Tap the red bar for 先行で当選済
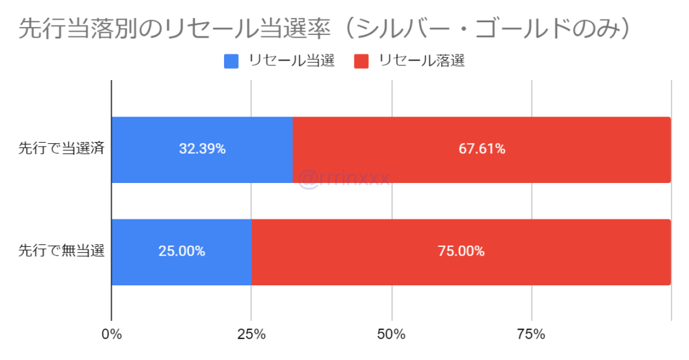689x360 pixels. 482,168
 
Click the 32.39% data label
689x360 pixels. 202,149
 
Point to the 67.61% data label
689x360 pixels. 482,149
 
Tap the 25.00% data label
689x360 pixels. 182,252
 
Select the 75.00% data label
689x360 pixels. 462,252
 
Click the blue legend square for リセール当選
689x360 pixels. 231,61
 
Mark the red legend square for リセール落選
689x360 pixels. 361,61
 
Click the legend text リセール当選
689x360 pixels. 291,61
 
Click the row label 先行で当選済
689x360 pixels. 61,149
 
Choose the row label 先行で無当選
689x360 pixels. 61,252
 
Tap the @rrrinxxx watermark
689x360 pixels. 343,180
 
